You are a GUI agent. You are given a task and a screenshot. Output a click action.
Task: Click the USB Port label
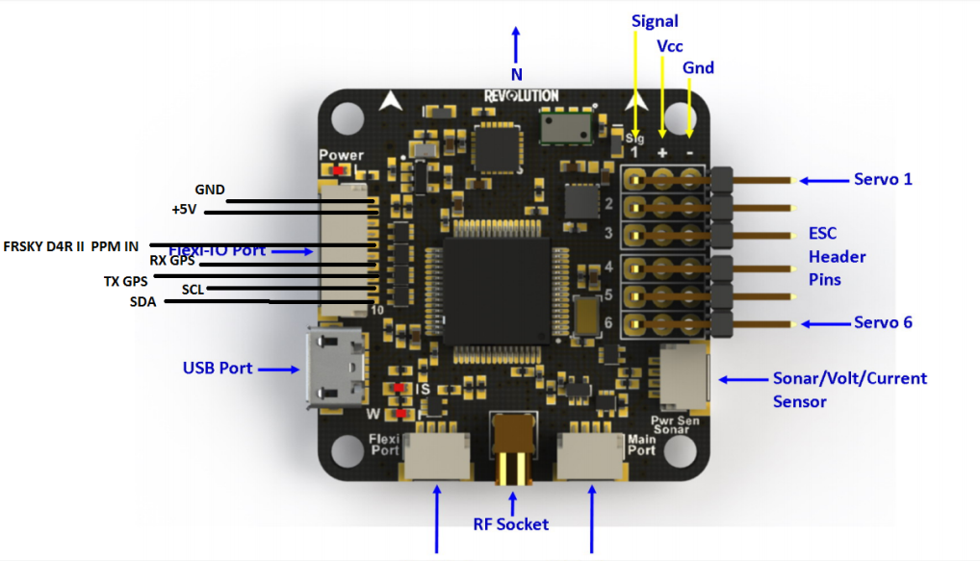tap(217, 368)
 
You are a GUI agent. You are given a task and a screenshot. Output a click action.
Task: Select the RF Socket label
tap(510, 524)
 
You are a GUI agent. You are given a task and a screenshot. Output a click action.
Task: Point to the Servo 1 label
tap(883, 179)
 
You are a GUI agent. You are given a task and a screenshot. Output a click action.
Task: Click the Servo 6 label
tap(883, 322)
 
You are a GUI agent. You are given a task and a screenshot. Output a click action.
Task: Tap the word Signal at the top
tap(655, 21)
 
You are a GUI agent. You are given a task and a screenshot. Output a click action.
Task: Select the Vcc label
tap(671, 45)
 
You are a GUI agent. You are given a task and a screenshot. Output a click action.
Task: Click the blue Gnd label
tap(698, 67)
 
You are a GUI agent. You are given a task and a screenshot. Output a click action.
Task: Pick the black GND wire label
tap(209, 190)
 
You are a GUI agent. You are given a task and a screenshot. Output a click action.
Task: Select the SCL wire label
tap(193, 289)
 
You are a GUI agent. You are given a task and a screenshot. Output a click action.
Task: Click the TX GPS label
tap(126, 281)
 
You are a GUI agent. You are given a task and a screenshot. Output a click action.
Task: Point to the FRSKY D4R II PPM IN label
tap(70, 246)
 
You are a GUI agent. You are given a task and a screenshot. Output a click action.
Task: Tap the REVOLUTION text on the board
tap(521, 95)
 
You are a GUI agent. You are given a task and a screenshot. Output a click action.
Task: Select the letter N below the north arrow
tap(516, 74)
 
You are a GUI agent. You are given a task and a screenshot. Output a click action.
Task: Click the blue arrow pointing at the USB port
tap(280, 369)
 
